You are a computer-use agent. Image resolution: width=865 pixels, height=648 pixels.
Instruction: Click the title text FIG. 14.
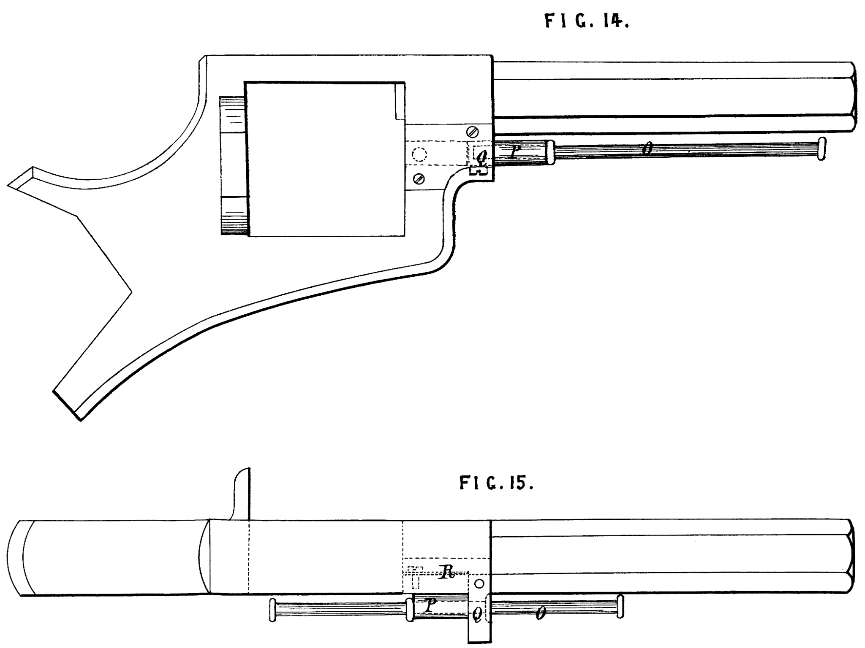tap(587, 21)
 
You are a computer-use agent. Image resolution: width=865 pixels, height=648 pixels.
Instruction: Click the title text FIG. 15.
tap(496, 483)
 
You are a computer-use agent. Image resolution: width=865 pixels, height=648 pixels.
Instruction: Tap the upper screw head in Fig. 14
tap(472, 132)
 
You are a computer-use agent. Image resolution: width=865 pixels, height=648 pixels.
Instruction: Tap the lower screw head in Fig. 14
tap(419, 178)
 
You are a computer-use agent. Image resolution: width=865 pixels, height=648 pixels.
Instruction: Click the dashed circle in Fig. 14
tap(419, 154)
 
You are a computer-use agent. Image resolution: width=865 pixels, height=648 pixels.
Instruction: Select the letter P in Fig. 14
tap(514, 152)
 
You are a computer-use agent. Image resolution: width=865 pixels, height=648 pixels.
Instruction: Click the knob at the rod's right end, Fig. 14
tap(821, 148)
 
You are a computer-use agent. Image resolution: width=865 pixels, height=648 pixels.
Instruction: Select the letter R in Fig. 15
tap(446, 573)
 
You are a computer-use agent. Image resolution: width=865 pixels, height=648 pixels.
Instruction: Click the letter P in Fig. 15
tap(430, 606)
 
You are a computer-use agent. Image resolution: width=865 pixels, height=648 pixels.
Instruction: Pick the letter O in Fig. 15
tap(539, 614)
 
